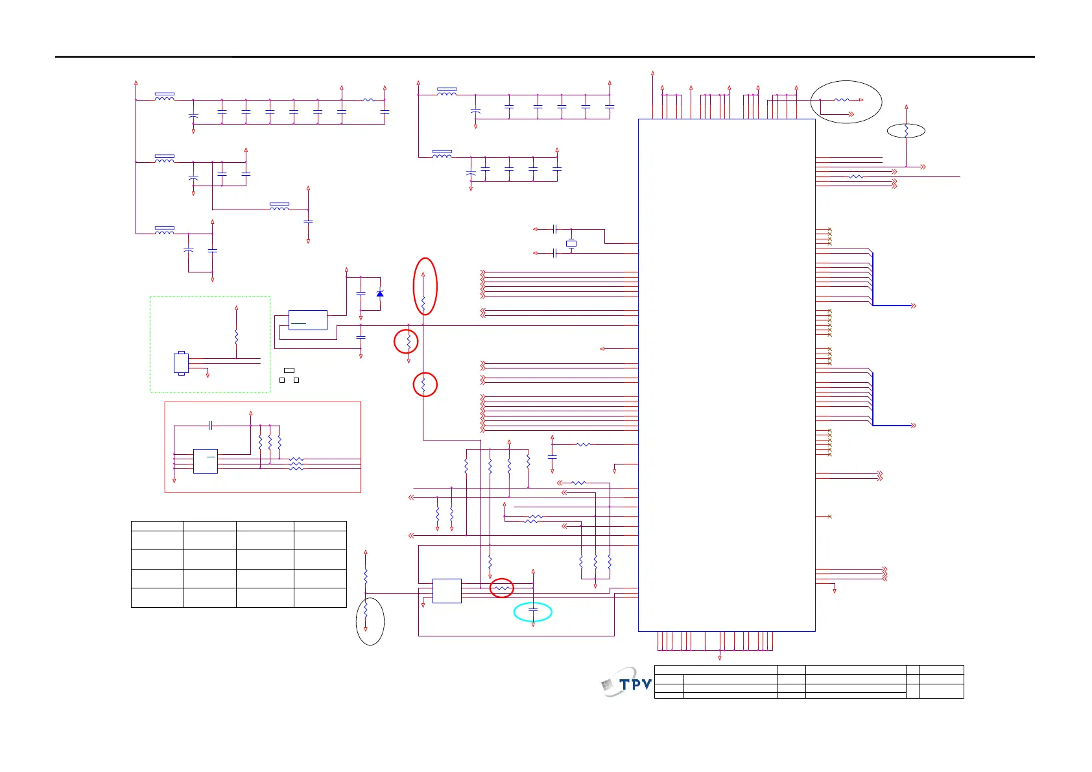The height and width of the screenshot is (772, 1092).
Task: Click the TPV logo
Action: coord(626,683)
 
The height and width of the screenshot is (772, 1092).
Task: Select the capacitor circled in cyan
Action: coord(533,610)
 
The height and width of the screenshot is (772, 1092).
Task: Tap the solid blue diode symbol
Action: coord(380,294)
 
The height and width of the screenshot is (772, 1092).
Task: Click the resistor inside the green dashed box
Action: coord(236,337)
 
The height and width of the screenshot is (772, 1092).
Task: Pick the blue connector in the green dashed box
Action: coord(181,363)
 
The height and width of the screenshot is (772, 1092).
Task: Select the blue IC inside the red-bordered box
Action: coord(205,461)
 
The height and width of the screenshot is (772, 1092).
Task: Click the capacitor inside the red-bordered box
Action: coord(210,426)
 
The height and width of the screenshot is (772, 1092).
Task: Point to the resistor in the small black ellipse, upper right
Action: coord(906,130)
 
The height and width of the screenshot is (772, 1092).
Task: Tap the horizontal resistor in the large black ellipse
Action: coord(841,100)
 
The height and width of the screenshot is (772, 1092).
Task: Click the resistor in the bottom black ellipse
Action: coord(366,610)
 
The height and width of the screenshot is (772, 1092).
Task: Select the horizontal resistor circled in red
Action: coord(501,588)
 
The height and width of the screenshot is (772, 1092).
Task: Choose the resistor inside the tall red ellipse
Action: coord(423,302)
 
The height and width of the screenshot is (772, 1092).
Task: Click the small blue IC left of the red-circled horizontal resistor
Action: coord(447,590)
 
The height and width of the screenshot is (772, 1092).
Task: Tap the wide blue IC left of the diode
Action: coord(307,320)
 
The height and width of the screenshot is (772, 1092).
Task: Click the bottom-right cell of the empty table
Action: coord(320,597)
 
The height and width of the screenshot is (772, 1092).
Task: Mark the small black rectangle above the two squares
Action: coord(289,370)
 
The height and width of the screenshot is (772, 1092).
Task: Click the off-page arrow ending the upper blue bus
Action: coord(914,306)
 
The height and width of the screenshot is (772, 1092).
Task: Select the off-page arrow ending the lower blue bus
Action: coord(914,426)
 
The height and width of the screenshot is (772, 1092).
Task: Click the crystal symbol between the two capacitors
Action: coord(571,243)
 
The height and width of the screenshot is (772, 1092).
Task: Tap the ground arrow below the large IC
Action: coord(720,658)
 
